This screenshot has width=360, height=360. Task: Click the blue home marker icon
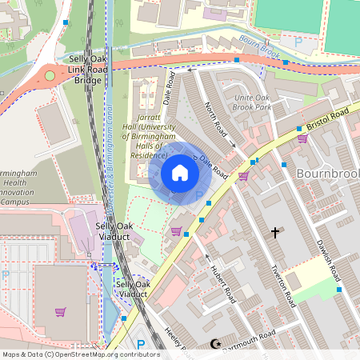[180, 172]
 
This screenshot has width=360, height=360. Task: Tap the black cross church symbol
[276, 233]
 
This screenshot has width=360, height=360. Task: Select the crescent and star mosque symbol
[214, 344]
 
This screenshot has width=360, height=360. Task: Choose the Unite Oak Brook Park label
[254, 102]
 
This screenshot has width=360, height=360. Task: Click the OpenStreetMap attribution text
[80, 354]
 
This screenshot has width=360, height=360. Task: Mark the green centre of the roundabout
[50, 76]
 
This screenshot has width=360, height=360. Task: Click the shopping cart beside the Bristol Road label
[302, 138]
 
